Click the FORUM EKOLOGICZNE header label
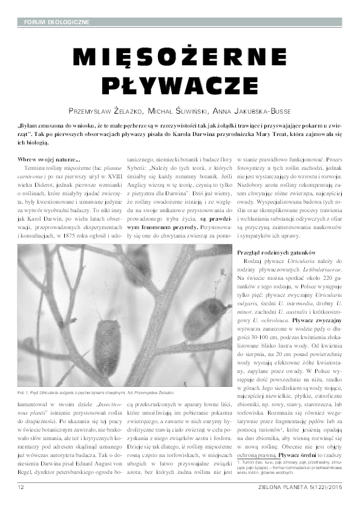pyautogui.click(x=56, y=22)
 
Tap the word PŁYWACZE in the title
pyautogui.click(x=180, y=85)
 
